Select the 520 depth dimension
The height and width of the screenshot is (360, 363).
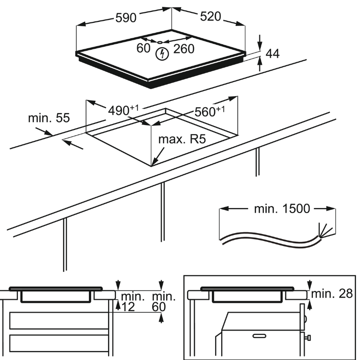click(210, 16)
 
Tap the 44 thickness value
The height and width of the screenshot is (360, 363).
click(272, 54)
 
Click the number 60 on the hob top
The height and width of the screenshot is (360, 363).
click(143, 48)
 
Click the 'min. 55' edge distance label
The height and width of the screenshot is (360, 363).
click(49, 118)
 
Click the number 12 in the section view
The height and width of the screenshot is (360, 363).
click(128, 307)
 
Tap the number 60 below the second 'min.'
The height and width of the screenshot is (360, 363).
click(160, 307)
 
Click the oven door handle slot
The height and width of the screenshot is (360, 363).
click(259, 335)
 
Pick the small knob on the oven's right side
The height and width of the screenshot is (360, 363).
click(309, 338)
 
